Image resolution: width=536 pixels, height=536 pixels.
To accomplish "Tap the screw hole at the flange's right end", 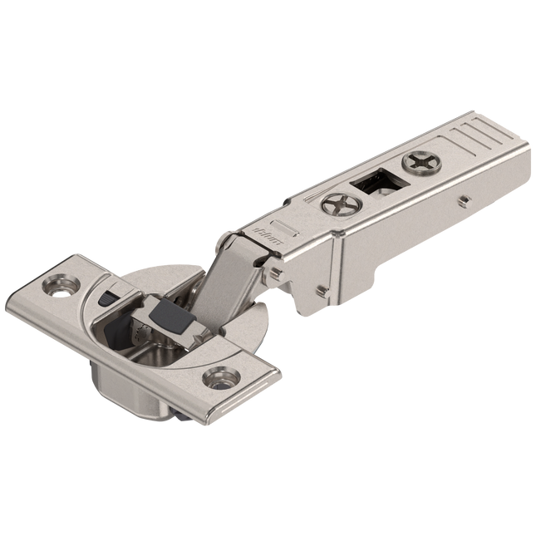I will point(219,377).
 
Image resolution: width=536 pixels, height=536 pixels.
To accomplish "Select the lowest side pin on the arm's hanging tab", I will point(321,291).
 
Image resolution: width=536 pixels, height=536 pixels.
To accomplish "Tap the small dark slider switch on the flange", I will point(106,297).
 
